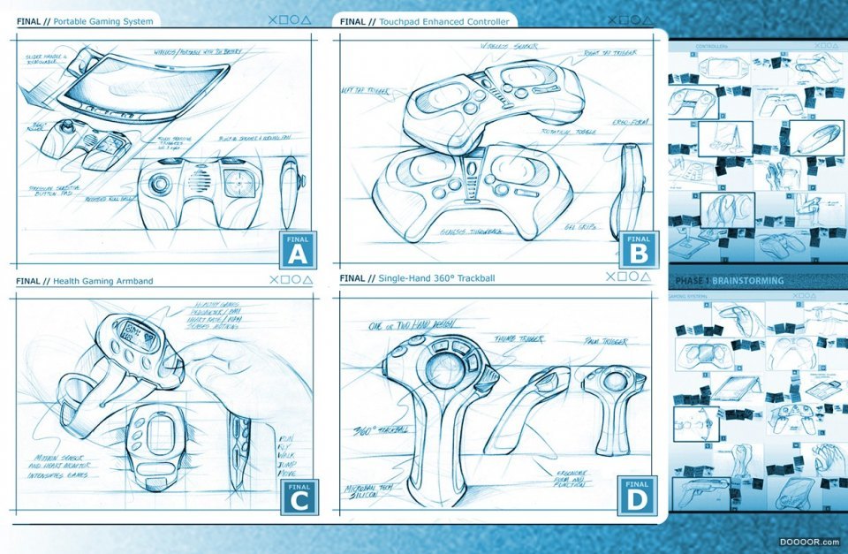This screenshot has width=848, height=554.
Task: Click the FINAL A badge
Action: [x=297, y=249]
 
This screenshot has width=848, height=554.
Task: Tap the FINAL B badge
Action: [x=638, y=249]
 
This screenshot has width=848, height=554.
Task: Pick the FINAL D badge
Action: [x=638, y=497]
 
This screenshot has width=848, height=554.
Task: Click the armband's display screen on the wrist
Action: [x=141, y=335]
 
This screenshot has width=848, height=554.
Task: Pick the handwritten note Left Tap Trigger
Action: [x=365, y=90]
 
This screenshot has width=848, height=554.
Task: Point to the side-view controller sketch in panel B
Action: [x=630, y=190]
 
